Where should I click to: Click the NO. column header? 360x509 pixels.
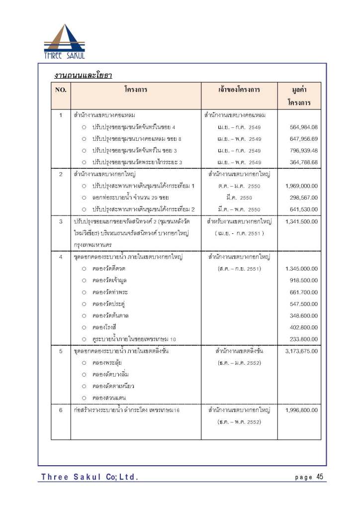[61, 90]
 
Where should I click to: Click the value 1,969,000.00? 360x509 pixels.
[302, 186]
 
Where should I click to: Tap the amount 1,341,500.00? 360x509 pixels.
[302, 221]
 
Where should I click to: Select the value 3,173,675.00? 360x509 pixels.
[302, 351]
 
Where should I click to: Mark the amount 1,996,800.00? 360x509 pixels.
[302, 410]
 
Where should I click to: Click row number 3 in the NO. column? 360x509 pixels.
[61, 221]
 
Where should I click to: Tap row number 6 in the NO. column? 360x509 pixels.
[61, 410]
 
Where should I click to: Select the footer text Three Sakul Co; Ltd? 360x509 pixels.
[90, 478]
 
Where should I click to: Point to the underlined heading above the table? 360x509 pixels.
[83, 76]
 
